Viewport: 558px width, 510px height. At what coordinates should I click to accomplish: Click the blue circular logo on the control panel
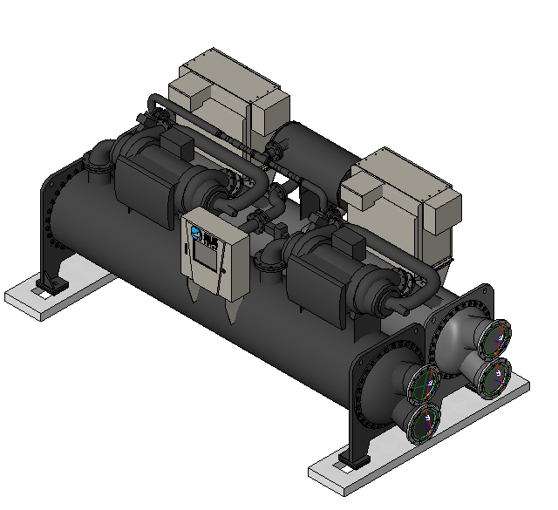195,233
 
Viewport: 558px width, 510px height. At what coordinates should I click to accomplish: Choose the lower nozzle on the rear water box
493,374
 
